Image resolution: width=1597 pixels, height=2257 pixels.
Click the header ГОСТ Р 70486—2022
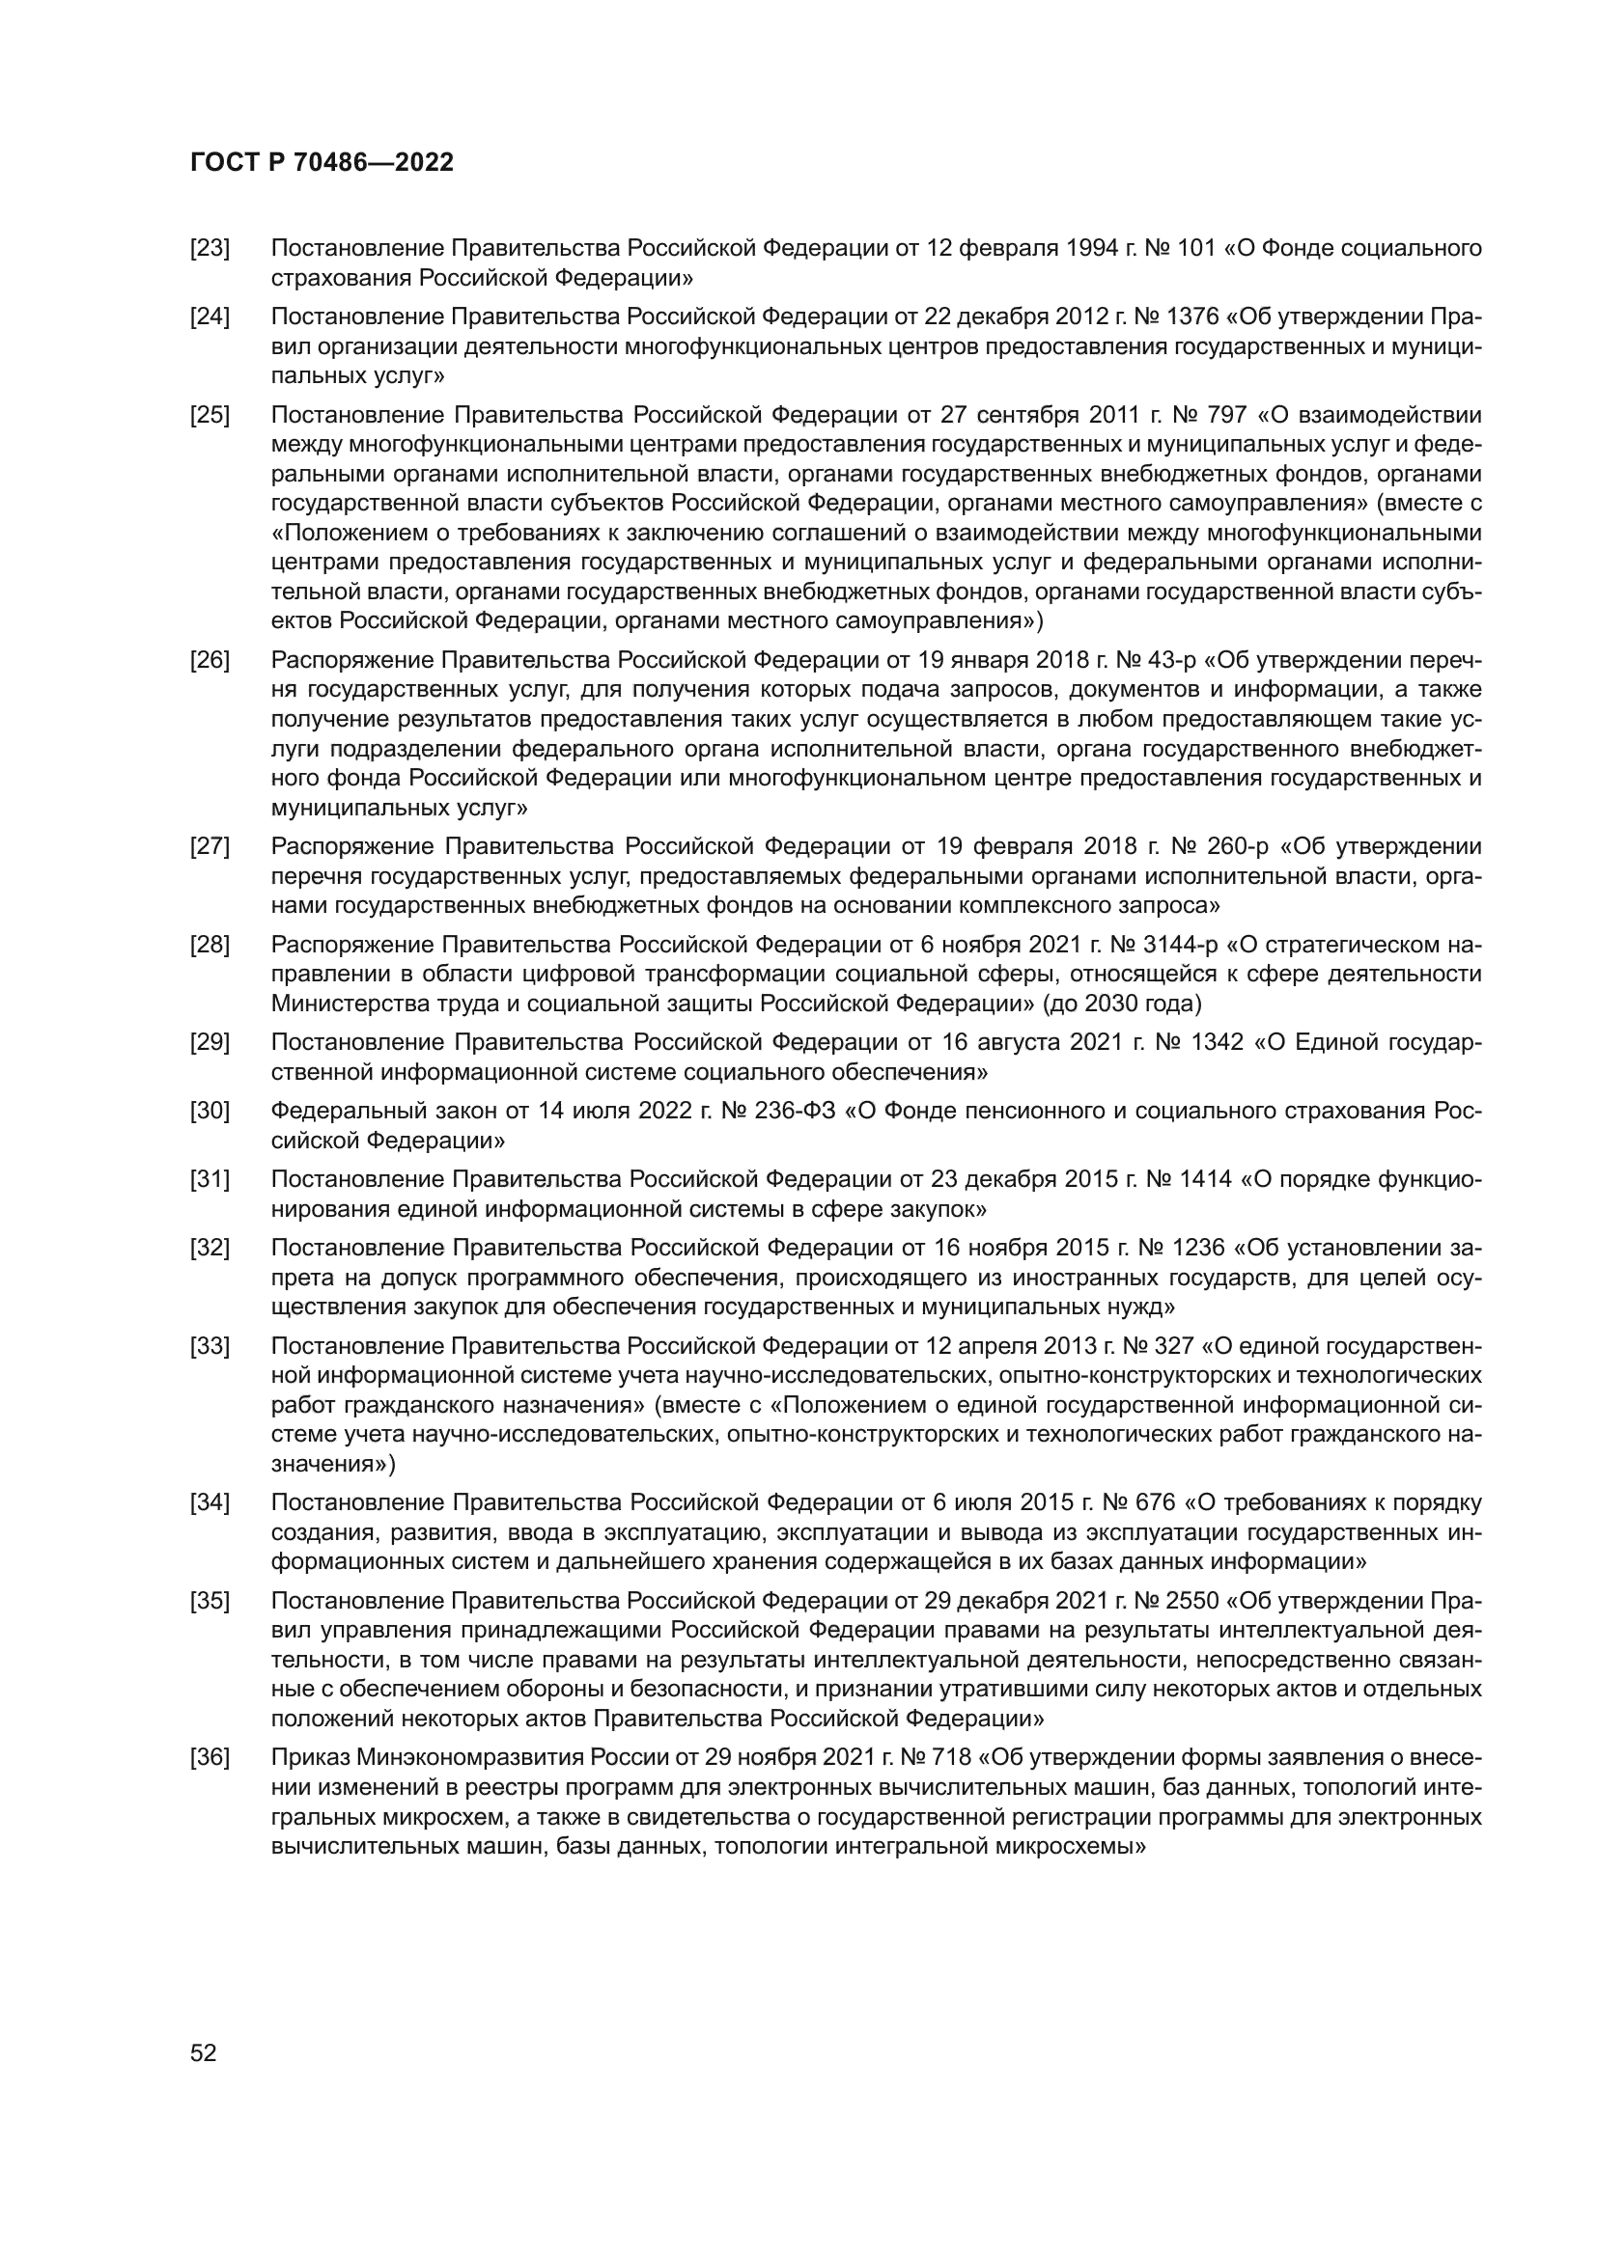322,163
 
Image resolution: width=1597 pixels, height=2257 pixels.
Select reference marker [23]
210,249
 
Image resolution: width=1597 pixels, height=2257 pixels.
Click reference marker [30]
210,1111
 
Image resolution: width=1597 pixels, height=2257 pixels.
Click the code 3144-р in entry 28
1180,945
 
